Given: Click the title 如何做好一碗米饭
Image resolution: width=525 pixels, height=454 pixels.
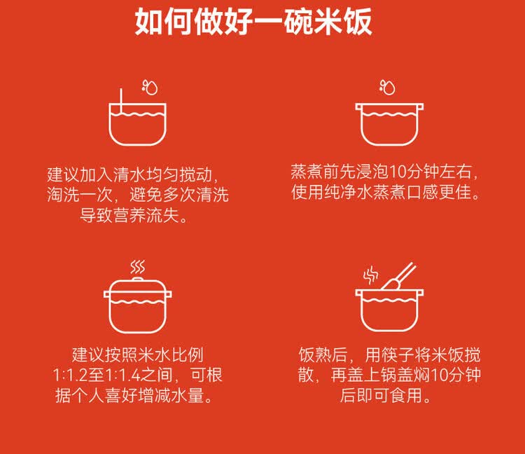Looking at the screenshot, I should pyautogui.click(x=253, y=22).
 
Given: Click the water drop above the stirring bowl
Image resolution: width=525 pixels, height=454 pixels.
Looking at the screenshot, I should pyautogui.click(x=149, y=87).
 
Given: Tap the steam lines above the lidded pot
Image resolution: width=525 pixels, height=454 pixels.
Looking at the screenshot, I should pyautogui.click(x=138, y=267).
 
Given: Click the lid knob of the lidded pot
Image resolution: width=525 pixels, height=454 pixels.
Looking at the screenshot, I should pyautogui.click(x=138, y=280).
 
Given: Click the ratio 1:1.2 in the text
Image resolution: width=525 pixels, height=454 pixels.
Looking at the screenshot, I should pyautogui.click(x=75, y=376).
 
